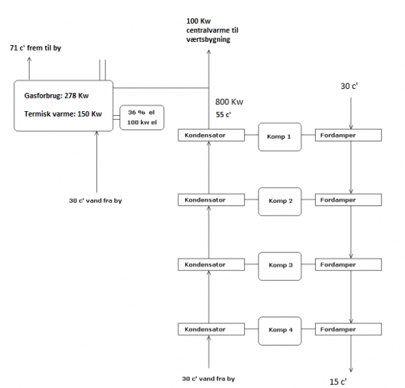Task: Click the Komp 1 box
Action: [279, 136]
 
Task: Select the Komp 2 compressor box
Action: [279, 201]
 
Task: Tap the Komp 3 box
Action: [279, 265]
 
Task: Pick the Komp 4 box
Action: [279, 329]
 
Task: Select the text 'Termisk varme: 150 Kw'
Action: [61, 115]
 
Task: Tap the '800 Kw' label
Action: [230, 102]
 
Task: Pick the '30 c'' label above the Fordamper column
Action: [350, 86]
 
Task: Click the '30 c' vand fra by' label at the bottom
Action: [209, 379]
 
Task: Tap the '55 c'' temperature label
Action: [223, 115]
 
